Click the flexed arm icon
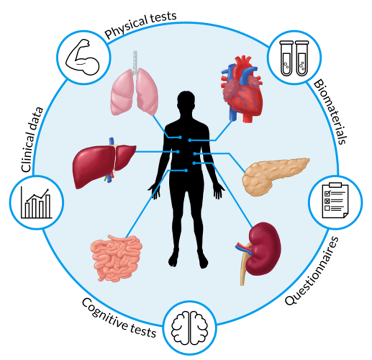(x=83, y=57)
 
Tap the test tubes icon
(x=294, y=58)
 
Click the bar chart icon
(x=36, y=203)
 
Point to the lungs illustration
(x=134, y=83)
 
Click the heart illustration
(x=242, y=89)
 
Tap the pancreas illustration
(x=275, y=177)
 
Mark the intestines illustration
(x=116, y=258)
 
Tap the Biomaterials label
(x=330, y=112)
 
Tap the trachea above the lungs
(x=135, y=60)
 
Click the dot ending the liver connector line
(x=178, y=152)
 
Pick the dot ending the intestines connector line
(x=186, y=170)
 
